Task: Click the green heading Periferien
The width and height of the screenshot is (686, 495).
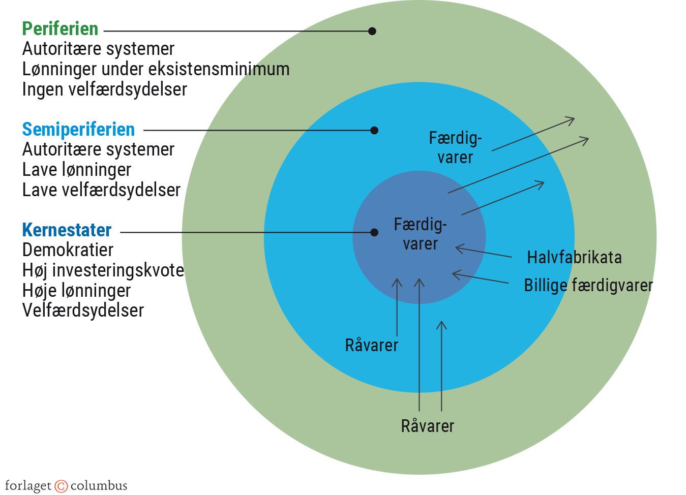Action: pos(60,28)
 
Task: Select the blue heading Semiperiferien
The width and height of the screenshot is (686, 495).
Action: pos(78,129)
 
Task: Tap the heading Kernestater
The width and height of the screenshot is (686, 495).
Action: pos(67,230)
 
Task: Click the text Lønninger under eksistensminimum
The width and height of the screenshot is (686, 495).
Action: pos(156,69)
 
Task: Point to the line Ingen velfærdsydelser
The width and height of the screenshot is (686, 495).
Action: pos(104,89)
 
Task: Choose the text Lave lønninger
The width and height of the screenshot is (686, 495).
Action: pos(76,170)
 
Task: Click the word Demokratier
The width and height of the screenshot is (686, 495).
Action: pos(68,250)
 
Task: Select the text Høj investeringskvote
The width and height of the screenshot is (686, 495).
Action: pos(103,270)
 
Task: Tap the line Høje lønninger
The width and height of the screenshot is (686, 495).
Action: pos(76,290)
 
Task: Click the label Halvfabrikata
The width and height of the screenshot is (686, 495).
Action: pos(574,257)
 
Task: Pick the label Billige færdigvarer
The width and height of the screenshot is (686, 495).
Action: pos(588,285)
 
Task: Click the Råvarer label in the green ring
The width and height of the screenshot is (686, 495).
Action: pos(427,426)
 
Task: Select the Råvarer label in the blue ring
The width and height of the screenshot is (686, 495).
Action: pos(371,345)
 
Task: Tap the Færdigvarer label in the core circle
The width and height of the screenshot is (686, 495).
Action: pos(420,234)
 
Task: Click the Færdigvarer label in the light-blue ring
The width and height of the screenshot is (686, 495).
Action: pos(455,147)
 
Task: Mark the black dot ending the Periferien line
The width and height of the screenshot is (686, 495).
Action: pos(372,31)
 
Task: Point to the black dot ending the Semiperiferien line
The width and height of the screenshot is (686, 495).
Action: pos(374,131)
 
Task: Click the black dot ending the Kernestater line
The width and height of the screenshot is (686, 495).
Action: pos(374,233)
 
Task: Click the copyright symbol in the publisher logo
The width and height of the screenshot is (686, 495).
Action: pos(61,486)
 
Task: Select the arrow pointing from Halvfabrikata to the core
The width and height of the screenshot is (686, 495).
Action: pos(483,252)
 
